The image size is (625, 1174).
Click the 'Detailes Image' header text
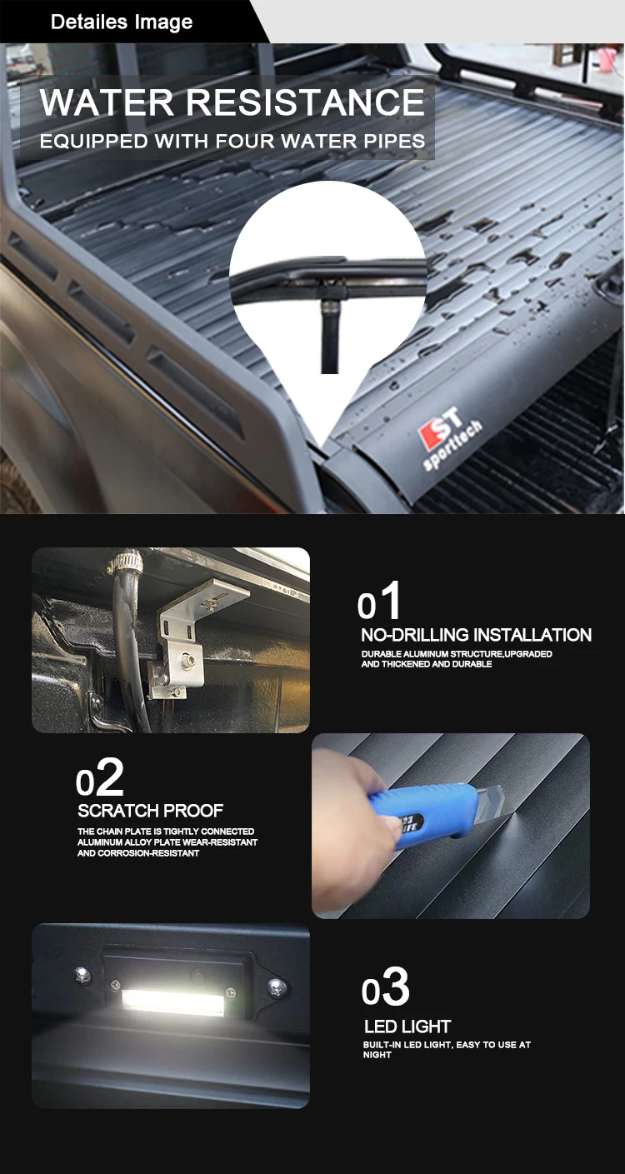pos(122,22)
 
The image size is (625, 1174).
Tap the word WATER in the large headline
pos(107,102)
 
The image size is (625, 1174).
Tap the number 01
pos(379,602)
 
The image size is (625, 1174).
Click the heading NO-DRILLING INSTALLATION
pos(476,635)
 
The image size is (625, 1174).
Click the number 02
pos(99,780)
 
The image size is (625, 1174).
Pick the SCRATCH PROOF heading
pos(150,811)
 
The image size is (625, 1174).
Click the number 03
pos(385,989)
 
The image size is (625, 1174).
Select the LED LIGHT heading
pos(407,1027)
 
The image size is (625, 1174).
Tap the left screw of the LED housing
pos(82,976)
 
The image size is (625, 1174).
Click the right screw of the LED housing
pos(276,987)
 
